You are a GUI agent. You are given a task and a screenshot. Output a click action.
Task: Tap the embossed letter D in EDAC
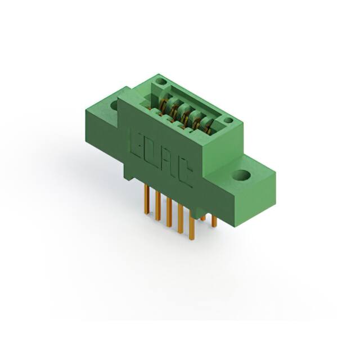click(152, 154)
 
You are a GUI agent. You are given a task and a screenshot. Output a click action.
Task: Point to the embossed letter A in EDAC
click(167, 164)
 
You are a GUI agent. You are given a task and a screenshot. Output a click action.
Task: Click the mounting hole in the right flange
click(244, 175)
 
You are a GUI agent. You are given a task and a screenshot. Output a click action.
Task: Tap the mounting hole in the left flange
click(115, 104)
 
